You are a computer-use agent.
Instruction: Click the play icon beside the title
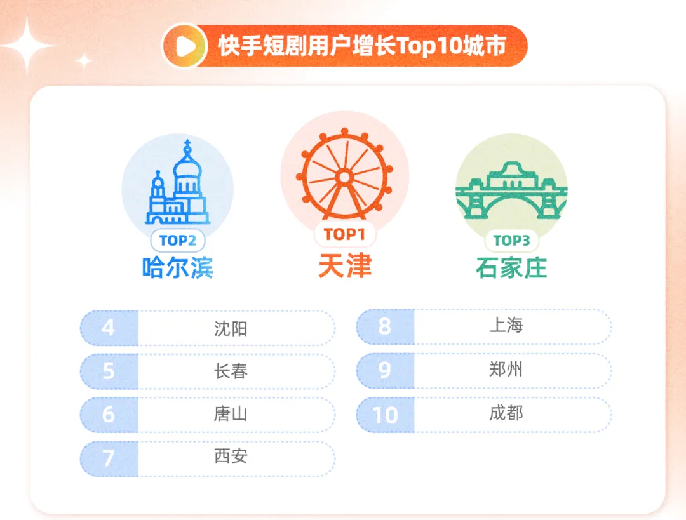(184, 46)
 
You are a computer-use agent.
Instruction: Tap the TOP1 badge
(345, 234)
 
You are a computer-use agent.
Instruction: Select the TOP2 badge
(177, 240)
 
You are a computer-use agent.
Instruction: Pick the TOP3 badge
(511, 240)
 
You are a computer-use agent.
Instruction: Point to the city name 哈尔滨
(177, 267)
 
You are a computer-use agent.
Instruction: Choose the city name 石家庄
(511, 267)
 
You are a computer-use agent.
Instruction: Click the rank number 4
(109, 328)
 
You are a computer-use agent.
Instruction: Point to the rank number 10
(385, 415)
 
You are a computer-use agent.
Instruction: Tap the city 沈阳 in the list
(231, 328)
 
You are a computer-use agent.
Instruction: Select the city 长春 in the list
(231, 371)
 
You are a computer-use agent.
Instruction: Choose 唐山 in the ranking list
(231, 415)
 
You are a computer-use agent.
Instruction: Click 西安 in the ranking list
(231, 457)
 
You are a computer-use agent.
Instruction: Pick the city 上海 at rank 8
(506, 326)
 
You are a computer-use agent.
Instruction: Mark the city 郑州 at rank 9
(506, 370)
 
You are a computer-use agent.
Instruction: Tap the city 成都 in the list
(506, 413)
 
